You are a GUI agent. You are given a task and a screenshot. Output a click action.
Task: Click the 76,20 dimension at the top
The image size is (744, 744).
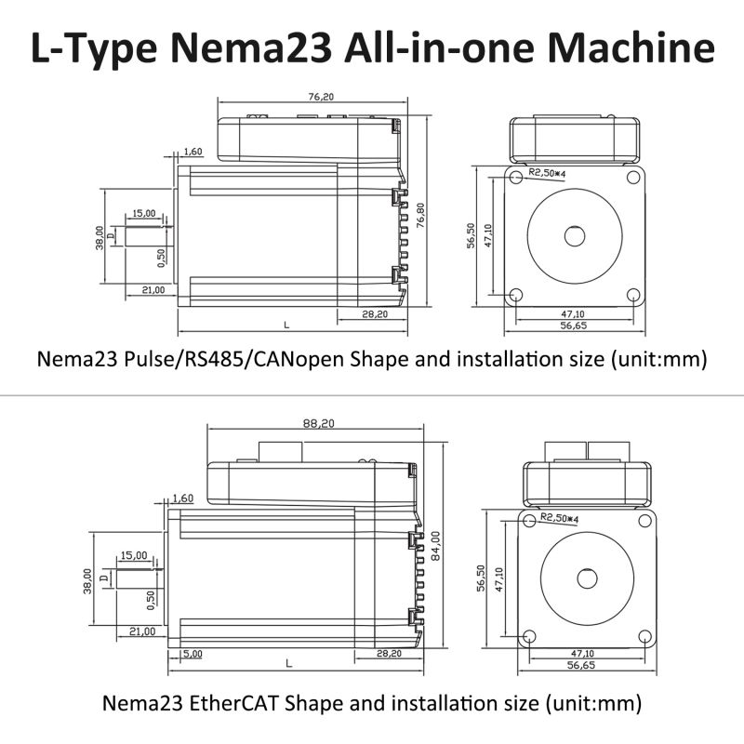[321, 97]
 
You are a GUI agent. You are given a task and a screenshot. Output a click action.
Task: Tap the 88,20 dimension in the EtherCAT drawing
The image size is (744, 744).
[318, 423]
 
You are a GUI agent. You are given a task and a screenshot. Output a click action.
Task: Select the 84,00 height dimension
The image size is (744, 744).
[435, 546]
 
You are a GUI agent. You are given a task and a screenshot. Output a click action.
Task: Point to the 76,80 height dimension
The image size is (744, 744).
[420, 216]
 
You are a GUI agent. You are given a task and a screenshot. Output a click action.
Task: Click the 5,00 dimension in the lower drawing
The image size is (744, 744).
[193, 654]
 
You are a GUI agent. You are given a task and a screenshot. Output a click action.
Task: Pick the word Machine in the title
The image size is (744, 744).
[631, 48]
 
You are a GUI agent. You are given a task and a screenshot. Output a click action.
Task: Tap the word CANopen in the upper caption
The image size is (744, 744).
[299, 359]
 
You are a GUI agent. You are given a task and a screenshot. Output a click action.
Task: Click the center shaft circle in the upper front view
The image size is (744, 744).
[574, 236]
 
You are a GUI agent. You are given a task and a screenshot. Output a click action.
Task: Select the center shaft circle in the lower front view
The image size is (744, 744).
[587, 578]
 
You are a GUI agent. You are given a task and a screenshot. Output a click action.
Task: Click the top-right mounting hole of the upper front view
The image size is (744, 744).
[633, 178]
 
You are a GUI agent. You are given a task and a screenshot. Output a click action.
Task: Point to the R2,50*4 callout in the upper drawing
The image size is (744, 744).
[547, 173]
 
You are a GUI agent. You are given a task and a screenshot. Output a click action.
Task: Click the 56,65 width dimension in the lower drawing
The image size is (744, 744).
[580, 665]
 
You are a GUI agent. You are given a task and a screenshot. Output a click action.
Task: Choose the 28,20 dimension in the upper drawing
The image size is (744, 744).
[375, 314]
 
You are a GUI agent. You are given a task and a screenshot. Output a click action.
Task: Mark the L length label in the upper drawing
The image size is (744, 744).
[286, 325]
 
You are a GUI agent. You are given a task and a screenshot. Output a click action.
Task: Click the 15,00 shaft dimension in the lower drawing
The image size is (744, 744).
[134, 555]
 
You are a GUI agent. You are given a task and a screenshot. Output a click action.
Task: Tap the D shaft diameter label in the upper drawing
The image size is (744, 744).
[111, 236]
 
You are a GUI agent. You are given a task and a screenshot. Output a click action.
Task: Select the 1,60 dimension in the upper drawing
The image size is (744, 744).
[193, 152]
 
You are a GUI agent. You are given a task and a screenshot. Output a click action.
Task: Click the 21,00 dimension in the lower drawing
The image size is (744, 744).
[142, 631]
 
